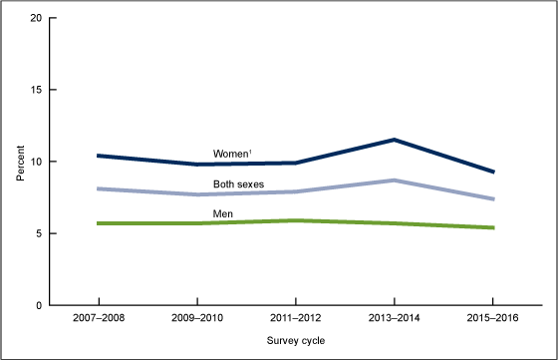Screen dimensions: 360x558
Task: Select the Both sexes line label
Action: (x=238, y=183)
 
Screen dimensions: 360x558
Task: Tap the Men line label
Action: (x=224, y=212)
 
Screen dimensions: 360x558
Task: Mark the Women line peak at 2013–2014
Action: (x=394, y=140)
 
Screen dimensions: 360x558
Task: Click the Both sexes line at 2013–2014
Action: (x=394, y=180)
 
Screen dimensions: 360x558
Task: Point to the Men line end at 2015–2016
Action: (x=492, y=227)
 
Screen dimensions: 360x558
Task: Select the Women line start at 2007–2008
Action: (x=99, y=156)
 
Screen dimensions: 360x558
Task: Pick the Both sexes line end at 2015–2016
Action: (x=492, y=198)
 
